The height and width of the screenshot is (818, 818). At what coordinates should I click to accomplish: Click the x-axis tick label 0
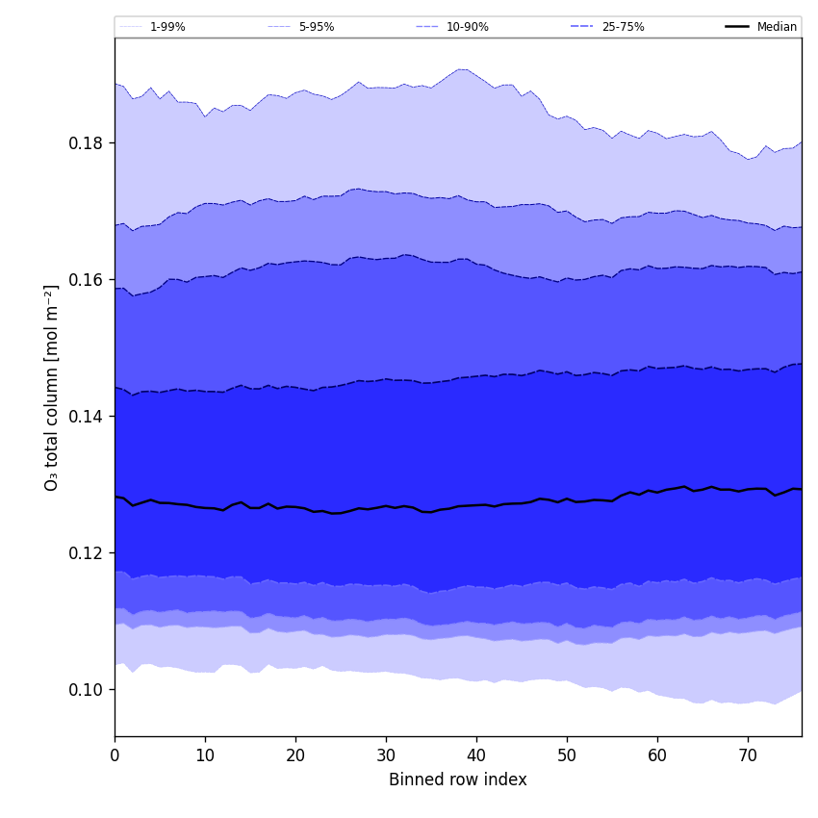tap(115, 756)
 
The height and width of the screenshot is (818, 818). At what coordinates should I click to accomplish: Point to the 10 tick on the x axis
tap(205, 756)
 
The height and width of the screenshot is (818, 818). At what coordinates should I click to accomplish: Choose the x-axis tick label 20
tap(295, 756)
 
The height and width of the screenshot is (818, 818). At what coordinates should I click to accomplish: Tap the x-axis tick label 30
tap(386, 756)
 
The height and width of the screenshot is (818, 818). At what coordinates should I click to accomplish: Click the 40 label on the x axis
tap(476, 756)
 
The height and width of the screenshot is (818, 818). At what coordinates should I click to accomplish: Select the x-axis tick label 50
tap(567, 756)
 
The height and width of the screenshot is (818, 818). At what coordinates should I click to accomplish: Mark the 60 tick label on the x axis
tap(657, 756)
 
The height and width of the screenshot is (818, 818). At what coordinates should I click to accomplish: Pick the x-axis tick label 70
tap(748, 756)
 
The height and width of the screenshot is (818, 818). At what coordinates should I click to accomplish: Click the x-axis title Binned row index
tap(458, 780)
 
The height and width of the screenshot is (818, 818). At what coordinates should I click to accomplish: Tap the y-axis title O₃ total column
tap(52, 387)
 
